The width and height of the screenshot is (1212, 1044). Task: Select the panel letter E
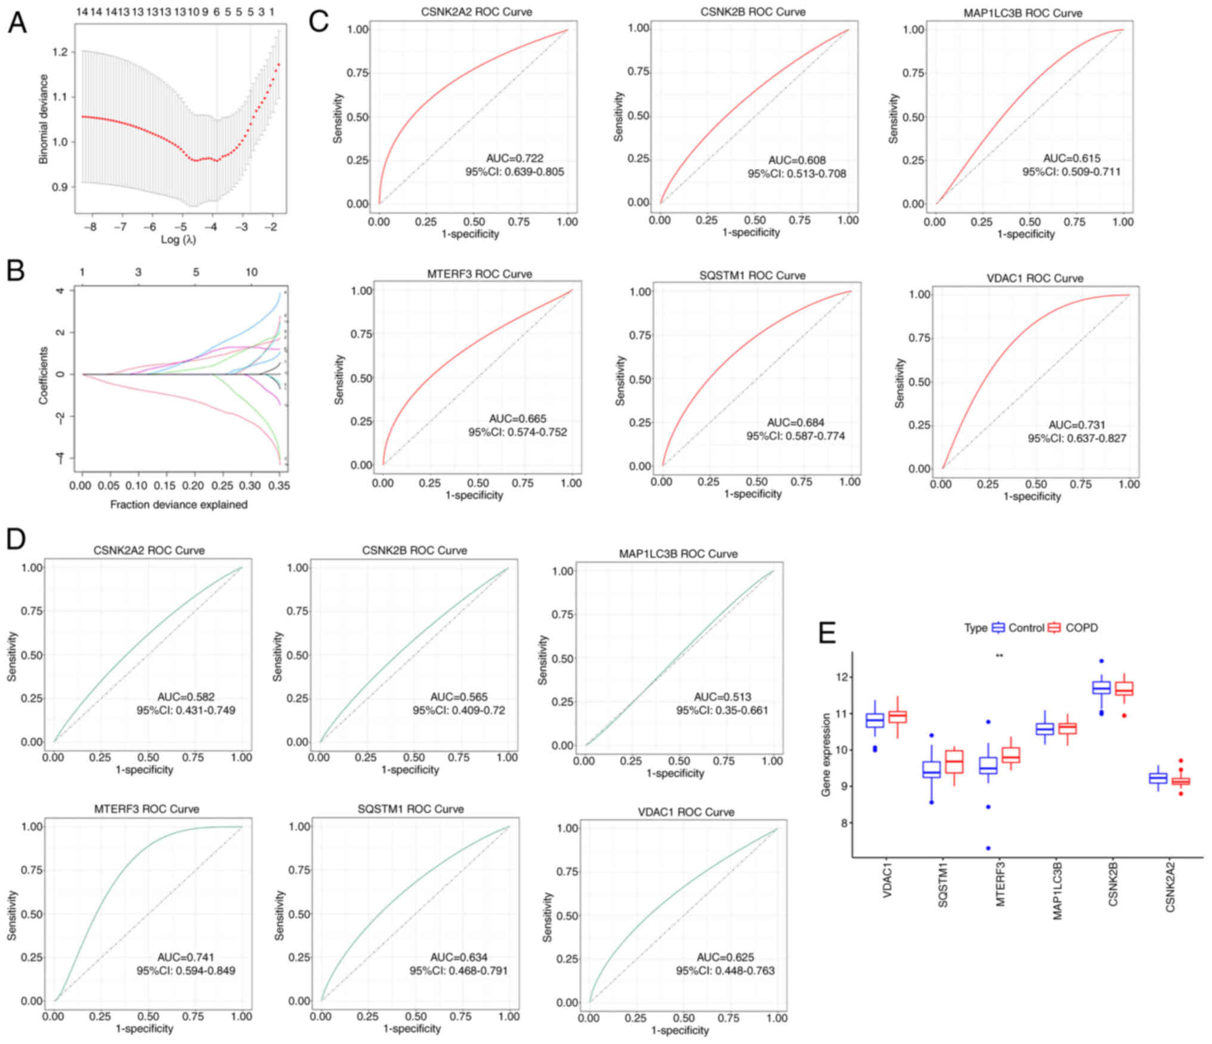pyautogui.click(x=827, y=633)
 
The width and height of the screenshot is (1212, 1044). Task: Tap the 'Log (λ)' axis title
pyautogui.click(x=178, y=240)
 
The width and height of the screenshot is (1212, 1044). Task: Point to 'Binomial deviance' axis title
pyautogui.click(x=44, y=119)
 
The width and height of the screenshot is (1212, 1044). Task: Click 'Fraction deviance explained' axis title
pyautogui.click(x=178, y=505)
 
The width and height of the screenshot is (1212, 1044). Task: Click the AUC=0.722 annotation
pyautogui.click(x=515, y=159)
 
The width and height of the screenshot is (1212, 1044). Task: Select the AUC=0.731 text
pyautogui.click(x=1077, y=425)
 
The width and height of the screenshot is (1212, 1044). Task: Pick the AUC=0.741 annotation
pyautogui.click(x=185, y=957)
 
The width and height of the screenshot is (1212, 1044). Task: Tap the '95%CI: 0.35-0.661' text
pyautogui.click(x=722, y=711)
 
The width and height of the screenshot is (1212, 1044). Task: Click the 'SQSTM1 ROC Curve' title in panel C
pyautogui.click(x=752, y=276)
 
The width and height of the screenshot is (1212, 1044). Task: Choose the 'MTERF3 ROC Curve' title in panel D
pyautogui.click(x=147, y=809)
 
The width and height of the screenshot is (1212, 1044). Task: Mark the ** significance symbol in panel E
pyautogui.click(x=1000, y=656)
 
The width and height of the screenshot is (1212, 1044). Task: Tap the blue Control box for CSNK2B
pyautogui.click(x=1101, y=688)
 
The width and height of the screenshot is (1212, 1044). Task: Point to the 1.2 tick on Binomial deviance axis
pyautogui.click(x=60, y=52)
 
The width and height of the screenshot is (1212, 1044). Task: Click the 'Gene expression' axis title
pyautogui.click(x=826, y=755)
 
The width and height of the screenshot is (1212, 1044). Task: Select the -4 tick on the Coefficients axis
pyautogui.click(x=60, y=458)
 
